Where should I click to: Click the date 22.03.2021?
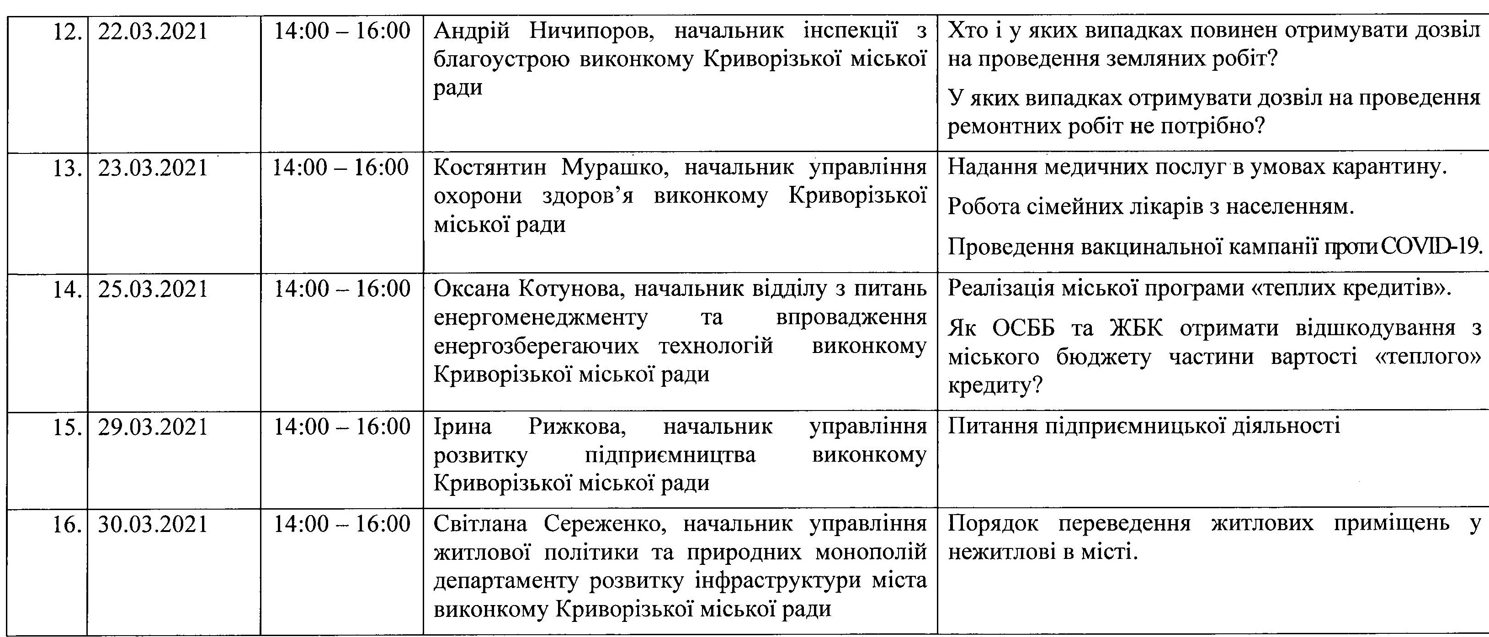[153, 31]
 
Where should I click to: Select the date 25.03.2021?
[153, 289]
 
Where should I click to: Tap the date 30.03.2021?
[153, 524]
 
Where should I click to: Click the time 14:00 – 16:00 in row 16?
[341, 524]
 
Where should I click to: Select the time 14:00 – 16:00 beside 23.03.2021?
[341, 168]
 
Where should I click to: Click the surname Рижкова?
[579, 427]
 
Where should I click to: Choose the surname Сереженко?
[606, 524]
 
